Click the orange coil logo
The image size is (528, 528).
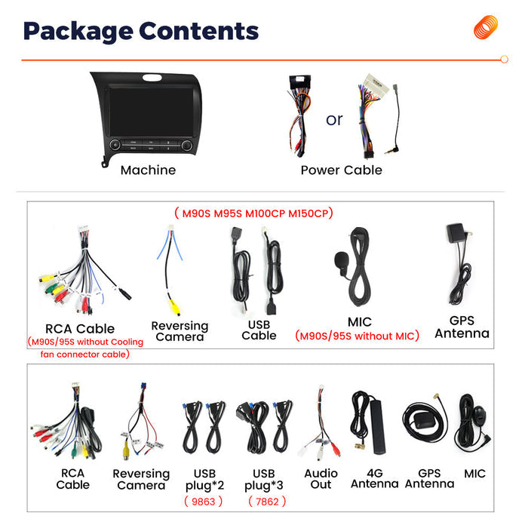(x=486, y=27)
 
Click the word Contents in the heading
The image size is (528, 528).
(x=198, y=31)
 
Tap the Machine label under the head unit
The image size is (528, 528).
(x=148, y=170)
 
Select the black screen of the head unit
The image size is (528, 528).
(x=151, y=112)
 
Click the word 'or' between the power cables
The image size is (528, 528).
(x=334, y=120)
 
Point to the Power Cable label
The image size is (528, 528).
(x=342, y=170)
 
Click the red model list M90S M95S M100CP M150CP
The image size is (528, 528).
(x=253, y=213)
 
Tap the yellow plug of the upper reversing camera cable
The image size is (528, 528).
(x=174, y=307)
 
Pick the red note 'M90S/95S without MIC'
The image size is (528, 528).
(x=357, y=336)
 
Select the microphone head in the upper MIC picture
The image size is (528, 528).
(x=341, y=260)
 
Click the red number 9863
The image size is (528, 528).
(x=204, y=502)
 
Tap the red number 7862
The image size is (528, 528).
(x=267, y=502)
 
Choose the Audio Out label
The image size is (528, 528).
(x=321, y=479)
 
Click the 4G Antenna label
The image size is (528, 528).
(x=375, y=478)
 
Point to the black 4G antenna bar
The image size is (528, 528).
(x=377, y=427)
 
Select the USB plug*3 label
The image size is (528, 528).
(x=264, y=480)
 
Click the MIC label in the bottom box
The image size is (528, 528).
(x=474, y=474)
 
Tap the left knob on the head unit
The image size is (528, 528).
(x=115, y=145)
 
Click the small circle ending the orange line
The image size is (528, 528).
(x=504, y=60)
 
